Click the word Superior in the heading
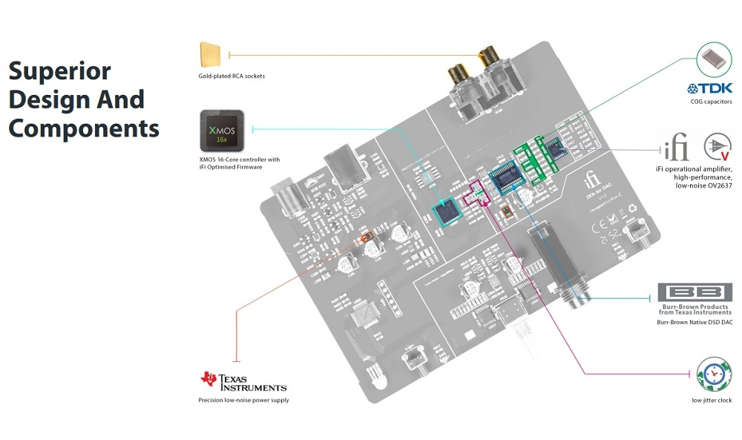tap(59, 71)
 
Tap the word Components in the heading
tap(84, 128)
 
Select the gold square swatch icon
tap(211, 55)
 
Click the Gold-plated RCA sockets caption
tap(232, 76)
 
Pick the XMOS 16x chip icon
tap(222, 128)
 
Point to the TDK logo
tap(710, 88)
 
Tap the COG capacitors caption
tap(711, 102)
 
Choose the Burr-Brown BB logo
tap(695, 292)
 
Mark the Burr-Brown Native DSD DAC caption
tap(695, 323)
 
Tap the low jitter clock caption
tap(712, 401)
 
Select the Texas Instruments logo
tap(243, 381)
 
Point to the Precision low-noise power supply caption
tap(243, 401)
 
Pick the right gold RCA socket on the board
tap(489, 56)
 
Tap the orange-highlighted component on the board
tap(367, 238)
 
